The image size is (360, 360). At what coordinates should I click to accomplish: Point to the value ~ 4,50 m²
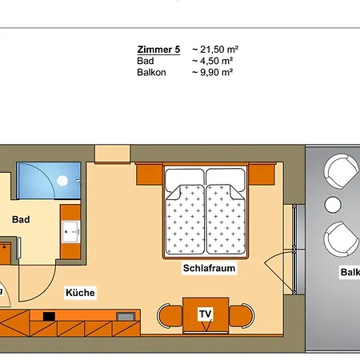point(212,60)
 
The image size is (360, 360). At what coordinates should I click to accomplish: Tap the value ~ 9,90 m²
point(212,71)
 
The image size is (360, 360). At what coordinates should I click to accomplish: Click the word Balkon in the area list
point(150,71)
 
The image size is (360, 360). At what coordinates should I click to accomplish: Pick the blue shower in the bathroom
point(49,181)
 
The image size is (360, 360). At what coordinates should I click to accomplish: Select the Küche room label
point(81,293)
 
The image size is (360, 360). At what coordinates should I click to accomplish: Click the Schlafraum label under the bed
point(209,269)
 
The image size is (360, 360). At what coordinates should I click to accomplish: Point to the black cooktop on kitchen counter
point(49,316)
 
